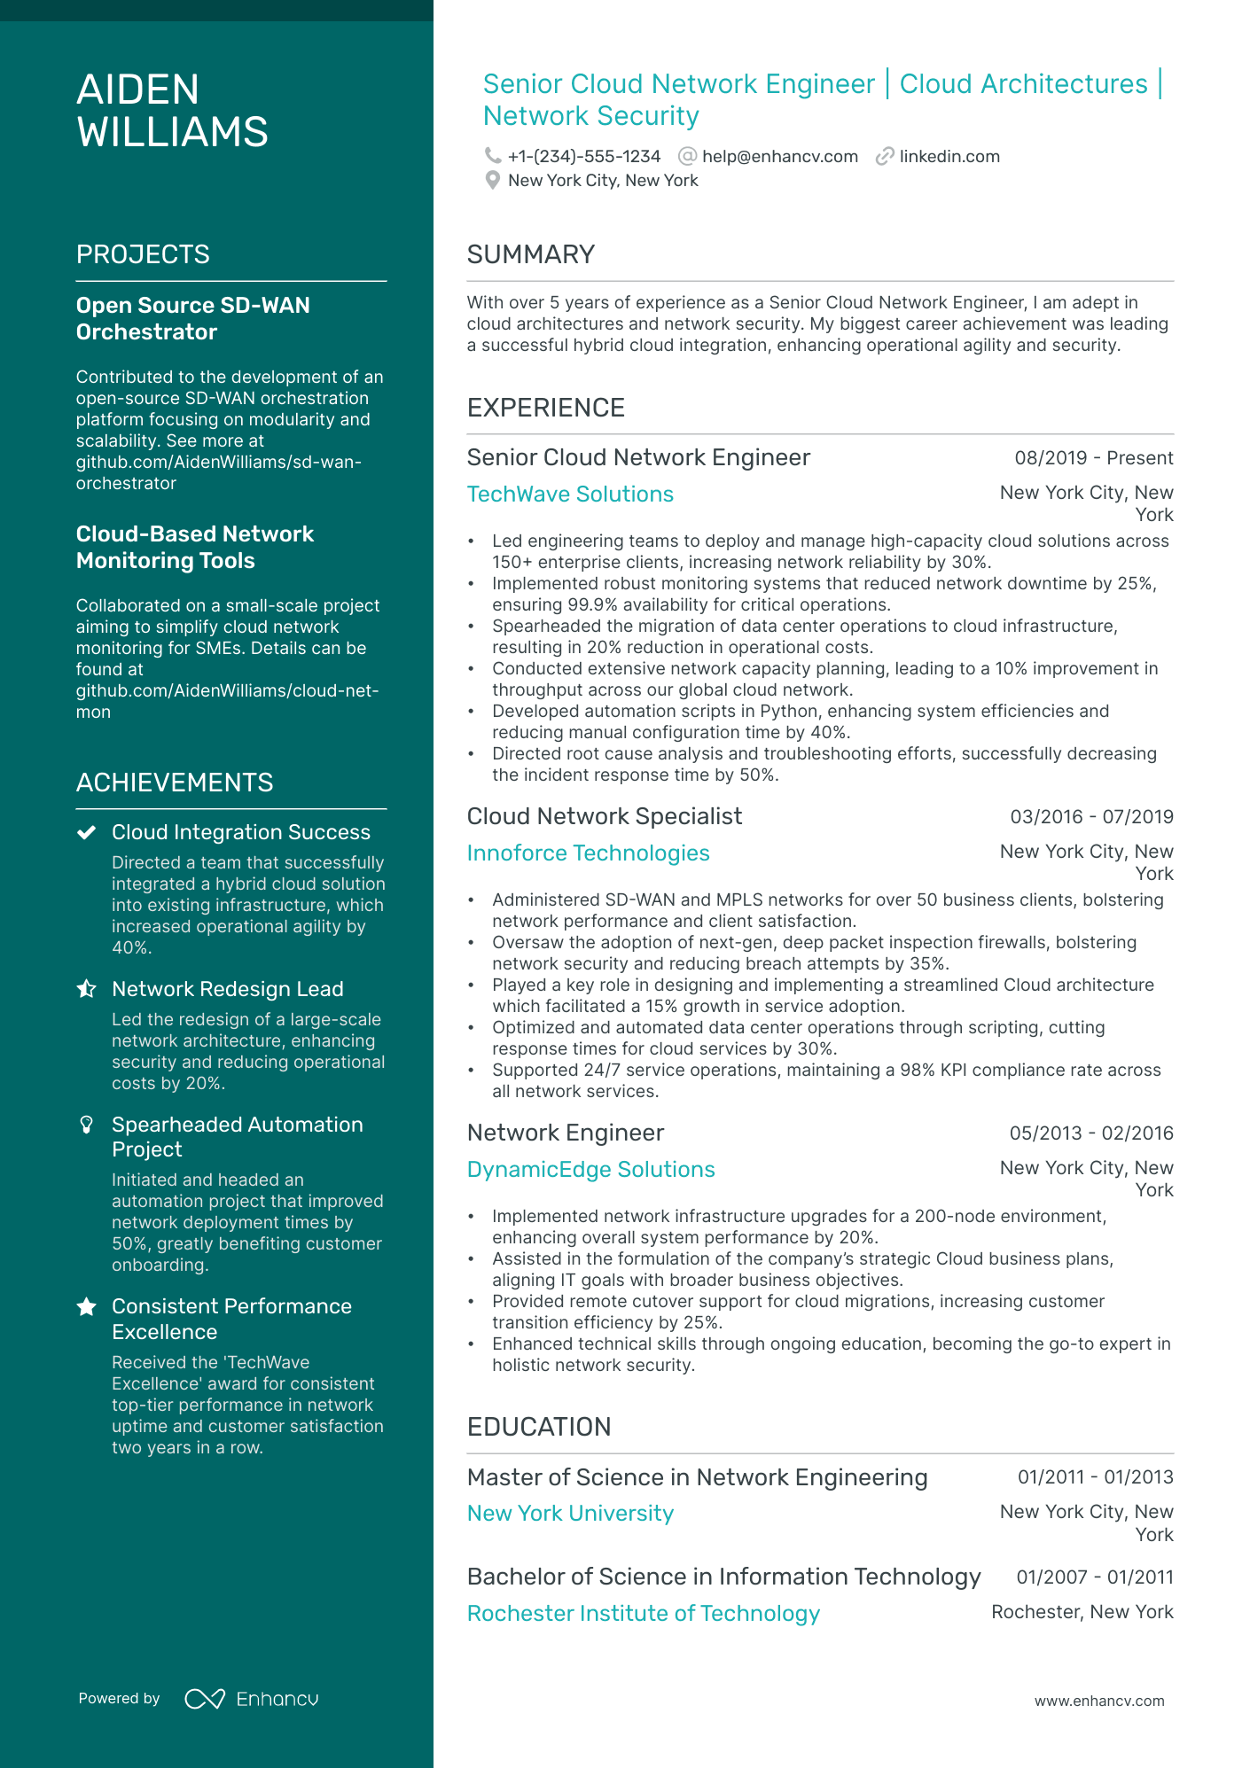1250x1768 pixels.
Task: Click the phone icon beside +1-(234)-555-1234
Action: coord(492,156)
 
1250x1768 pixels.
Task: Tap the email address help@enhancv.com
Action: coord(779,157)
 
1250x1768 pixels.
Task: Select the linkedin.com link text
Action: coord(949,157)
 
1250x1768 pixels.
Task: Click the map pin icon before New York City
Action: coord(493,181)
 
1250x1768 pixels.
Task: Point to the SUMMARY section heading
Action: coord(530,255)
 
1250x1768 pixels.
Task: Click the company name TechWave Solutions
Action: coord(570,495)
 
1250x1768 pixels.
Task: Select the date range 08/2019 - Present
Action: coord(1093,458)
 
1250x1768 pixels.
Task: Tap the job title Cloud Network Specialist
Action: coord(604,816)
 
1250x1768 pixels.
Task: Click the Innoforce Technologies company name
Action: coord(588,853)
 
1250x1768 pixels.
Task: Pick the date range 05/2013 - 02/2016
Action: coord(1090,1133)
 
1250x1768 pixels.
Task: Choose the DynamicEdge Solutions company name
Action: coord(590,1170)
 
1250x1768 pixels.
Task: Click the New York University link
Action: coord(570,1514)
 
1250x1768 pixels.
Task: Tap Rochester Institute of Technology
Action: coord(643,1614)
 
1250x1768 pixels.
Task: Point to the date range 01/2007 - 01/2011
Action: coord(1094,1577)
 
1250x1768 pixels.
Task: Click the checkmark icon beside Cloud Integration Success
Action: coord(86,833)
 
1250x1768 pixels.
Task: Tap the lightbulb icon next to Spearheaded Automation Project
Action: coord(86,1125)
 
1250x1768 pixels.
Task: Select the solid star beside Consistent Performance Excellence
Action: coord(86,1307)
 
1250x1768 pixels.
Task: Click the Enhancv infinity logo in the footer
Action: coord(204,1699)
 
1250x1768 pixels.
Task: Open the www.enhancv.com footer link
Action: coord(1098,1702)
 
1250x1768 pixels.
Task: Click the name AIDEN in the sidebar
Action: coord(137,90)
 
